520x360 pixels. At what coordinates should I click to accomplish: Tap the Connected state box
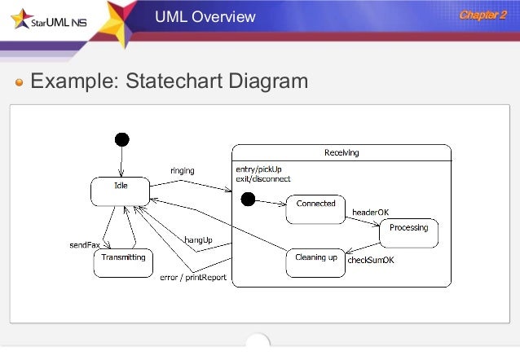pos(315,208)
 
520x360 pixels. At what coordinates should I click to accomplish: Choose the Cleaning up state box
pos(315,261)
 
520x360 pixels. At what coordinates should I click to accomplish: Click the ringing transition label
pos(182,170)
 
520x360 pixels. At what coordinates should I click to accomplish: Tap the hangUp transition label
pos(198,239)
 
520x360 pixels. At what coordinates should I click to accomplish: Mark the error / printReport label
pos(192,278)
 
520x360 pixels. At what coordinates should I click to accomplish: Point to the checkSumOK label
pos(371,261)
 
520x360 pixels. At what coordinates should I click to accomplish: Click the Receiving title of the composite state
pos(342,152)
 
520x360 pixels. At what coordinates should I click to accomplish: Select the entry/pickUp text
pos(256,169)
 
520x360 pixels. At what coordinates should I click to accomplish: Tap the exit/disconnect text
pos(262,178)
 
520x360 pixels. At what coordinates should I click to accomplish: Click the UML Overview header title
pos(205,16)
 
